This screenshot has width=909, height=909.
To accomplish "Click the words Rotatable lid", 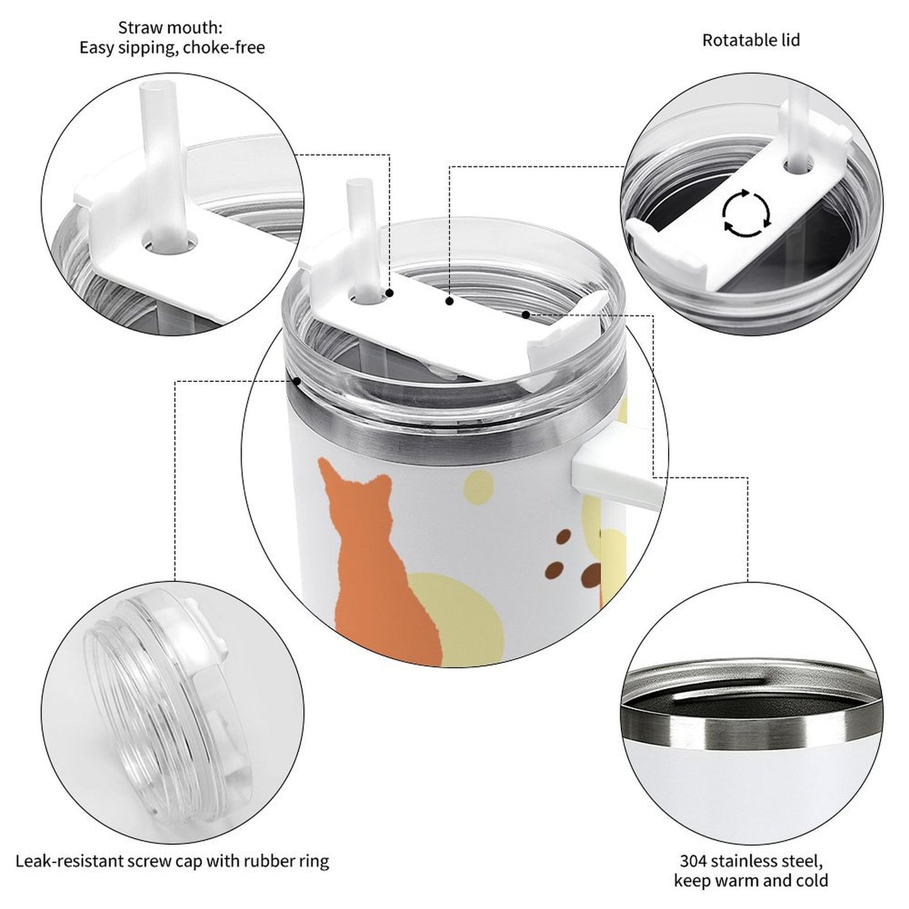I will pyautogui.click(x=750, y=40).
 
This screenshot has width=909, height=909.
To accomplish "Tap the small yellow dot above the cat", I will pyautogui.click(x=479, y=485).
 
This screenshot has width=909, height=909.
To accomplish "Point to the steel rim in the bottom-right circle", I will pyautogui.click(x=749, y=730).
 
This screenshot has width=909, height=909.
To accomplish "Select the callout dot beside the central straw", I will pyautogui.click(x=389, y=293).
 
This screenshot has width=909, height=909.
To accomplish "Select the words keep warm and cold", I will pyautogui.click(x=750, y=880).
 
